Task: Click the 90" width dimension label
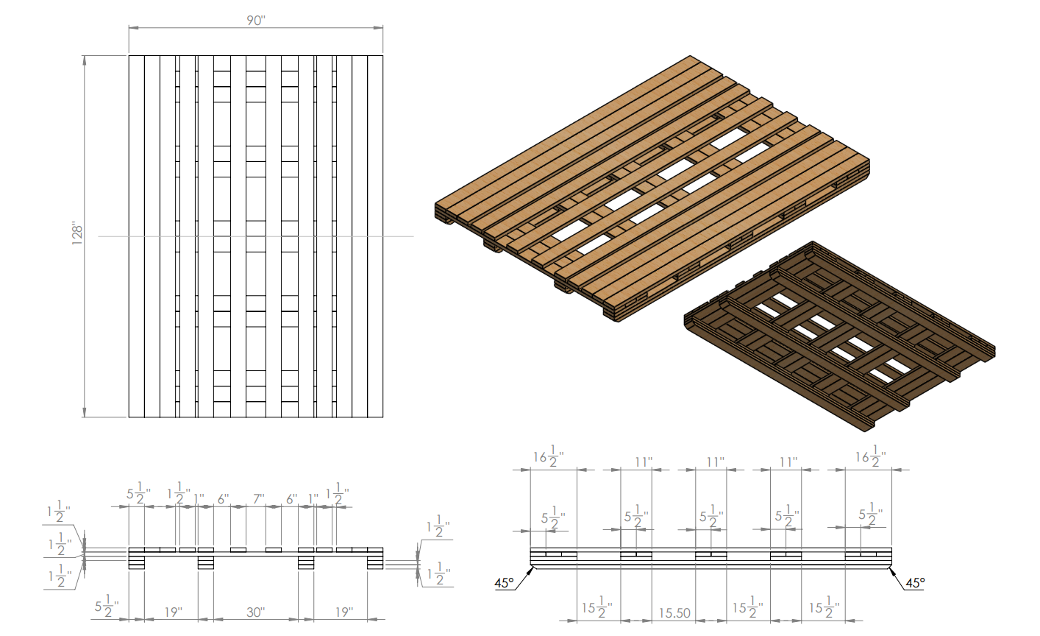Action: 256,21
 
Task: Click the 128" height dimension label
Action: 77,235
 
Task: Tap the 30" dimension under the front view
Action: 255,612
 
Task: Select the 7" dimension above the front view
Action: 259,499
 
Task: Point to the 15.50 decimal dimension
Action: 674,613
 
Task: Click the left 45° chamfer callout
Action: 505,582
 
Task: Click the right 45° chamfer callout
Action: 915,582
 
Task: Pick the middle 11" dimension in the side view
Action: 716,462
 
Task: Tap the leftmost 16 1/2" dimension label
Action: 549,456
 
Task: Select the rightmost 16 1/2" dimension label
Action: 871,456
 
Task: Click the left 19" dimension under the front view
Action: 173,612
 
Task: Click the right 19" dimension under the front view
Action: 344,612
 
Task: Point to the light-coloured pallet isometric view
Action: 652,188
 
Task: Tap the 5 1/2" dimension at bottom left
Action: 107,606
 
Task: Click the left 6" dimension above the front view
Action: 224,499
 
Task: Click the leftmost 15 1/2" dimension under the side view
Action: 597,607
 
